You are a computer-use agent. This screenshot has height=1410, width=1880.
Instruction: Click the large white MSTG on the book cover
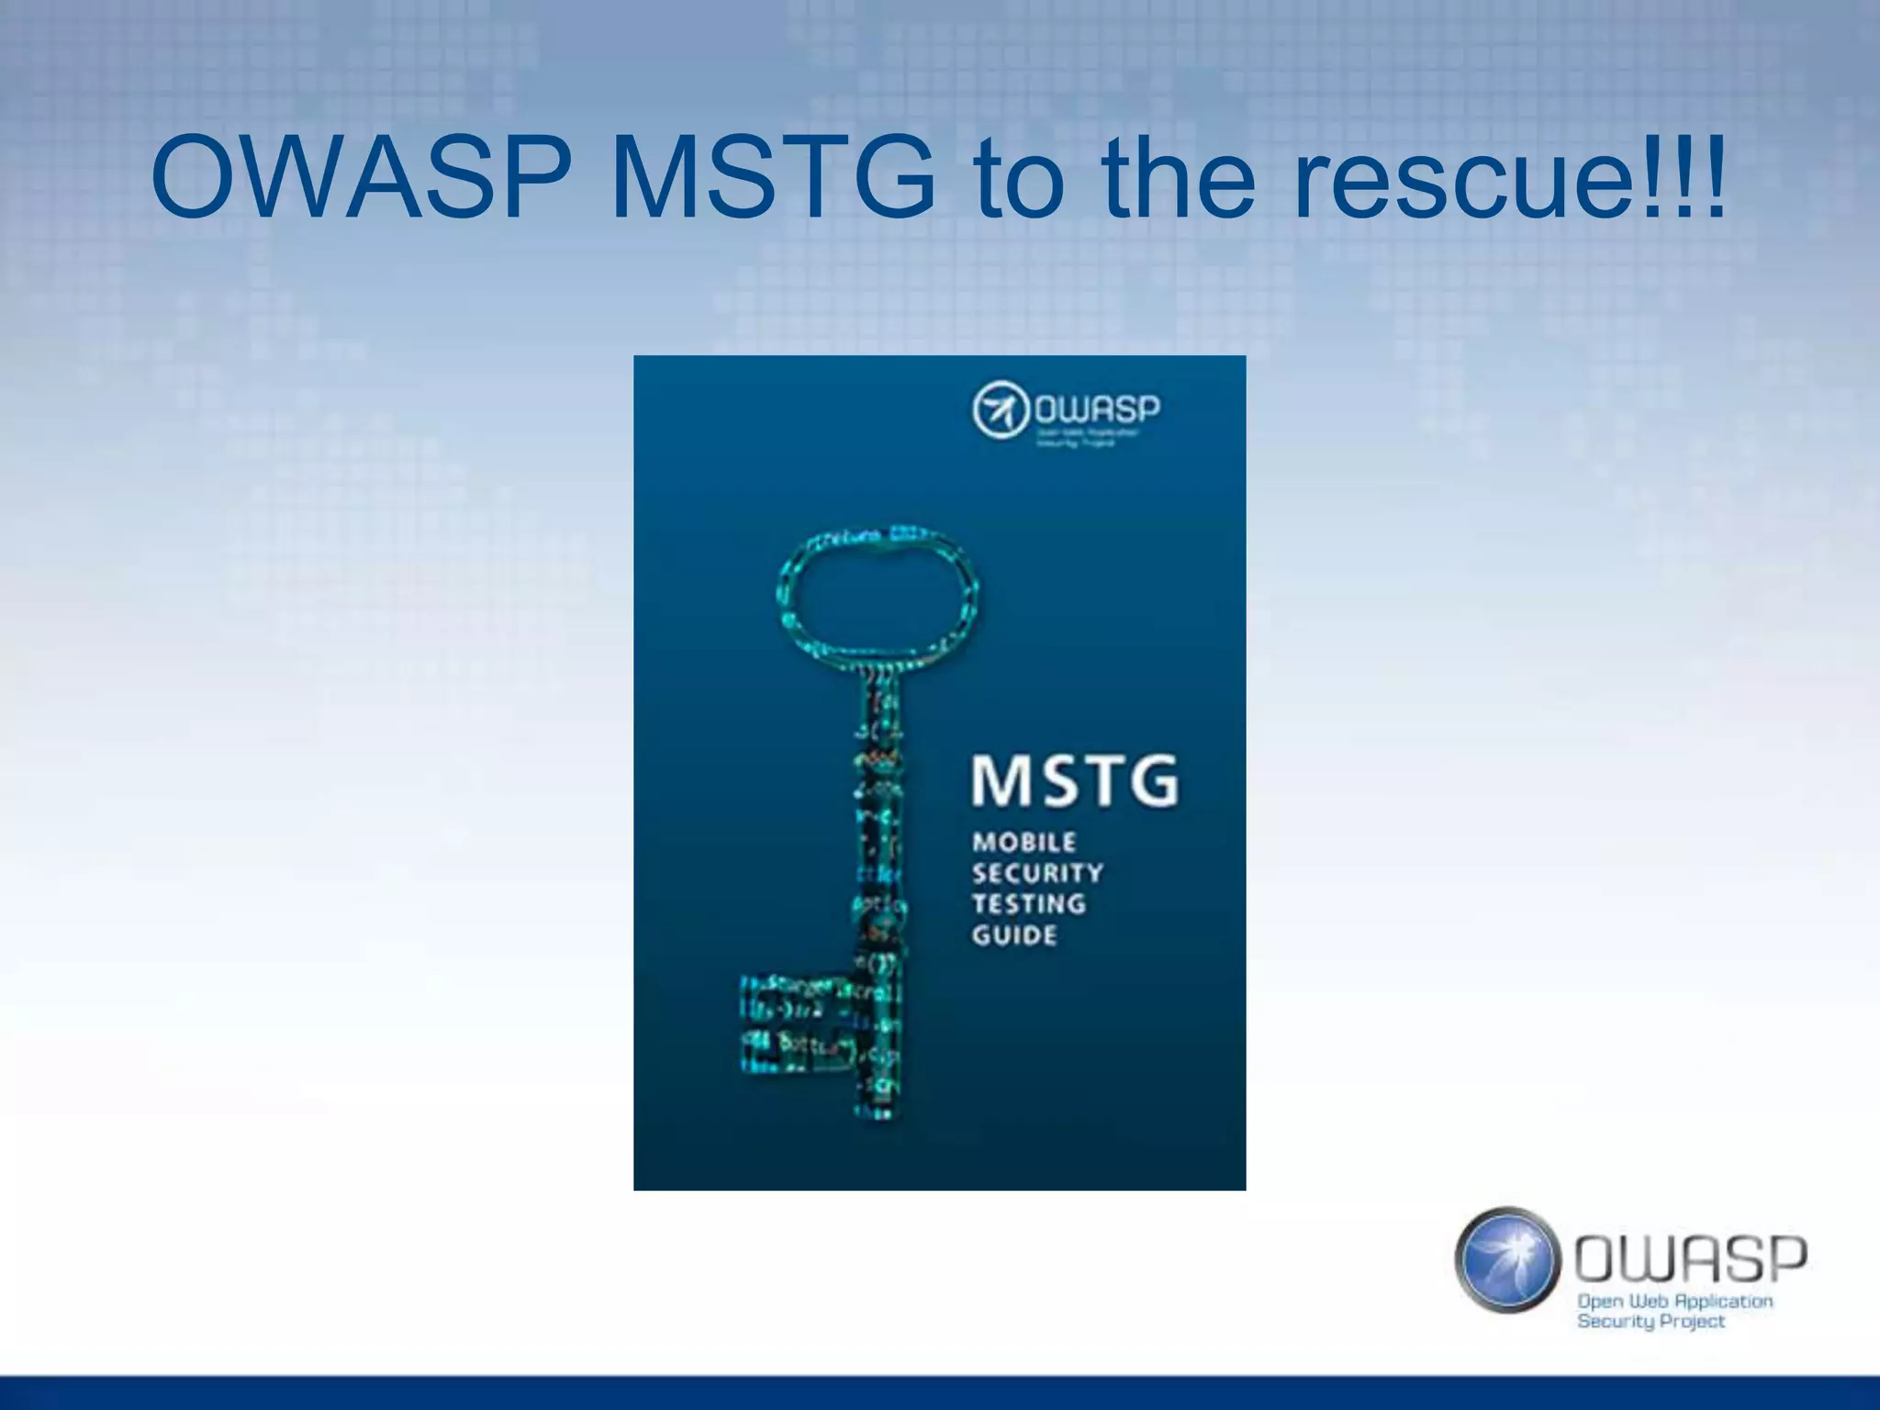(x=1074, y=781)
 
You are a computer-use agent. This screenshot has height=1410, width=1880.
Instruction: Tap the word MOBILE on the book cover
(x=1024, y=842)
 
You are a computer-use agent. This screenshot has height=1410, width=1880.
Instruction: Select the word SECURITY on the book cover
(x=1037, y=873)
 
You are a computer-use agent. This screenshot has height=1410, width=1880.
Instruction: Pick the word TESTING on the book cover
(x=1029, y=904)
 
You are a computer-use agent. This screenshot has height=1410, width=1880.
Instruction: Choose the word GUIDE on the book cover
(x=1014, y=935)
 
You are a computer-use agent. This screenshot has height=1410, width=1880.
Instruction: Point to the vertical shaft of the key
(x=879, y=826)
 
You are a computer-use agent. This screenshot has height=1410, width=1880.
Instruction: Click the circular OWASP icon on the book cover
(x=1000, y=409)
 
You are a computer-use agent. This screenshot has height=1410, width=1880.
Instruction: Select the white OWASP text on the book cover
(x=1098, y=408)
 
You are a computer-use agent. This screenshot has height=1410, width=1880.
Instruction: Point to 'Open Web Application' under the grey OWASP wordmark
(x=1674, y=1301)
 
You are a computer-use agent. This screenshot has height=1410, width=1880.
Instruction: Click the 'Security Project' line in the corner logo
(x=1651, y=1322)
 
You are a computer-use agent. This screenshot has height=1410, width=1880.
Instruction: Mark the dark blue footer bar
(x=940, y=1393)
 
